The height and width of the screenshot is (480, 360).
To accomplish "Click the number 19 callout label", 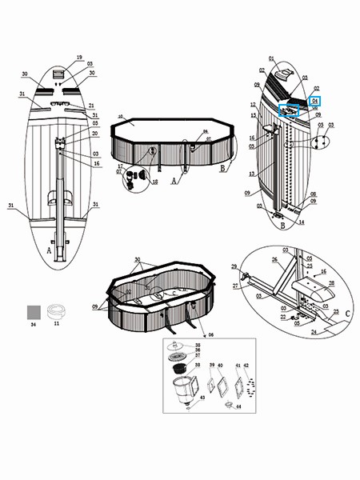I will [79, 58].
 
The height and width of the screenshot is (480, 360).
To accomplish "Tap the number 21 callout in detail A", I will [92, 106].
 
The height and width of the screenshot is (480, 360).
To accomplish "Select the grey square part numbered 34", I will [34, 312].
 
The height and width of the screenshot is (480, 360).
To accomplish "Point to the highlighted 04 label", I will [315, 102].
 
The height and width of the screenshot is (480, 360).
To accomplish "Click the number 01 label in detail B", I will [271, 58].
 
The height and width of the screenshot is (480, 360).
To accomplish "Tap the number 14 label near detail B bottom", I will [302, 223].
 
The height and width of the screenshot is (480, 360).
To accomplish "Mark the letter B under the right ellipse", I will [283, 226].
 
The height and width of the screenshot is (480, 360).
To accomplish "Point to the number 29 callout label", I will [234, 266].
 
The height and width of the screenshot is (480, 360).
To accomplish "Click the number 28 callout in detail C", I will [331, 283].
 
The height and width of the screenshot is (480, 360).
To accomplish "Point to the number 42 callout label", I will [246, 365].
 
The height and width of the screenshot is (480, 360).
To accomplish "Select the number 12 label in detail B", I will [252, 105].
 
